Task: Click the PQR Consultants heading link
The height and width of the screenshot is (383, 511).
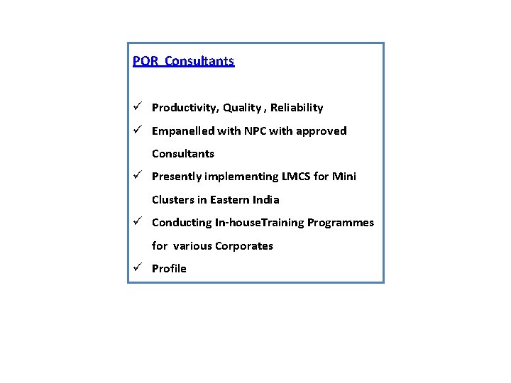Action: click(x=183, y=61)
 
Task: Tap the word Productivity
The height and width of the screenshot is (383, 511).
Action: click(x=184, y=108)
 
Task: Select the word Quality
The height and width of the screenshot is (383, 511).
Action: click(x=241, y=108)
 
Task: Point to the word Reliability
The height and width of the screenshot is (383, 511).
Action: click(x=297, y=108)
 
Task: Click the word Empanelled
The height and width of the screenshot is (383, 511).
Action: click(x=184, y=131)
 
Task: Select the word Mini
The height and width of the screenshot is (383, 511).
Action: click(x=344, y=177)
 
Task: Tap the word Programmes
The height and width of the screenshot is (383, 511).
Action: click(x=341, y=223)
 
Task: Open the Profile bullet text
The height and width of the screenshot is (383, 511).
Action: click(x=169, y=269)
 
